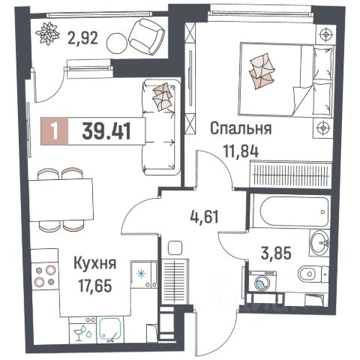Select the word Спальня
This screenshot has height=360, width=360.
(x=240, y=129)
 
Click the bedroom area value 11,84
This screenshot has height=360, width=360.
(x=240, y=148)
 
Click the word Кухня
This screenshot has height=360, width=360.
(x=94, y=263)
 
